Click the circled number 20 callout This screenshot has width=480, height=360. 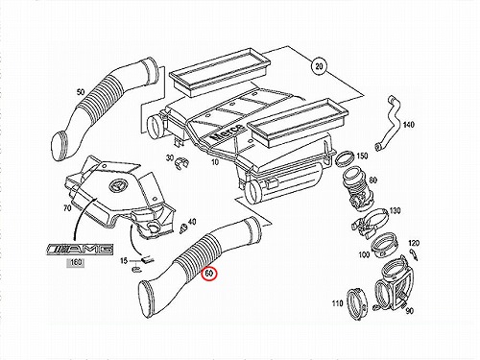tap(319, 66)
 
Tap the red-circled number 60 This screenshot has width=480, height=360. tap(209, 274)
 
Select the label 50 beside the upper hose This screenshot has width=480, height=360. tap(81, 92)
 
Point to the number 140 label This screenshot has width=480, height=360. tap(408, 124)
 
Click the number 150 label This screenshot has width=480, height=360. tap(362, 156)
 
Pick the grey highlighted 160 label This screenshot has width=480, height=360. tap(76, 262)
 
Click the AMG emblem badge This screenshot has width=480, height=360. tap(80, 249)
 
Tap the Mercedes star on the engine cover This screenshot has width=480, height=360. tap(115, 186)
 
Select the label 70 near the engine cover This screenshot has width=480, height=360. tap(67, 208)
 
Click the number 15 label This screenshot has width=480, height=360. tap(124, 261)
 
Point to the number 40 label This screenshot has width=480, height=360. tap(192, 222)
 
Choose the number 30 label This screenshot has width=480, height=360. tap(170, 157)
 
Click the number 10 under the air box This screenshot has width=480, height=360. tap(215, 162)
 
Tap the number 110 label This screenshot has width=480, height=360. tap(337, 303)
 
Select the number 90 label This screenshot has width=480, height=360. tap(409, 311)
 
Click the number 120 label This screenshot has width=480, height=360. tap(414, 243)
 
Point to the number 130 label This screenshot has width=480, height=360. tap(395, 211)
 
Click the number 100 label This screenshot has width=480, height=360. tap(364, 255)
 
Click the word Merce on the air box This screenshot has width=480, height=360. tap(228, 132)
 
